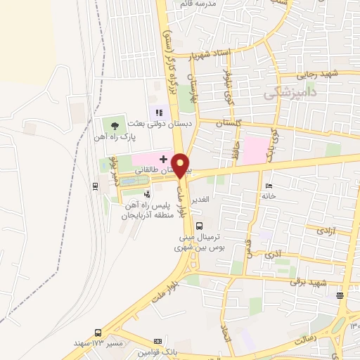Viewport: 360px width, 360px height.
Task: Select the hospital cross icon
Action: (x=163, y=160)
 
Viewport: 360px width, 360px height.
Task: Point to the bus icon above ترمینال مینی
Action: (x=200, y=226)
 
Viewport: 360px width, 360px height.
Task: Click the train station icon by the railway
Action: (x=96, y=186)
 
